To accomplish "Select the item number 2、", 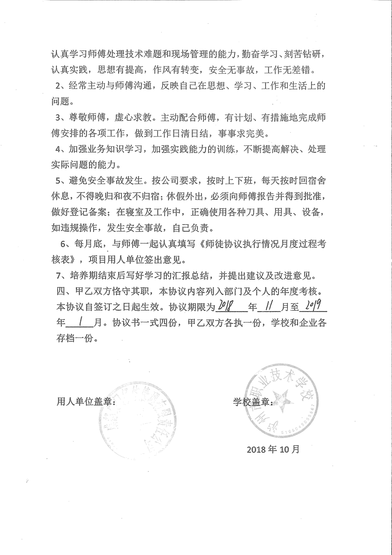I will tap(62, 86).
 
